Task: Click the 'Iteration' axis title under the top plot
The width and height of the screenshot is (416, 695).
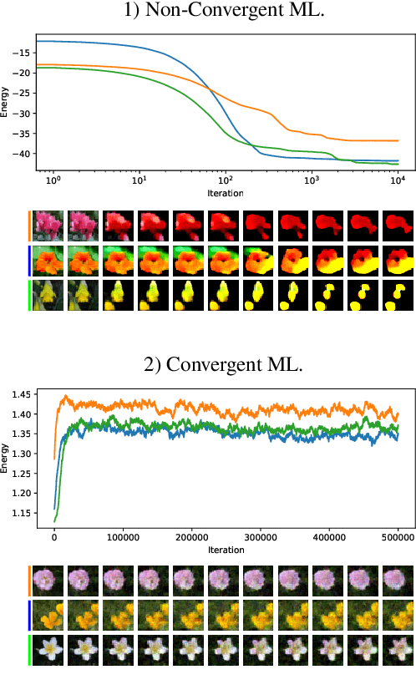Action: point(226,193)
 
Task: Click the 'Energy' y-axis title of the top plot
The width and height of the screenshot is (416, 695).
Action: point(7,101)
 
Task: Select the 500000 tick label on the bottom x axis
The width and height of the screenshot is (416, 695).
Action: point(398,540)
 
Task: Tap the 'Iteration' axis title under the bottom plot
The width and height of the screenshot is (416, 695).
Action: point(226,550)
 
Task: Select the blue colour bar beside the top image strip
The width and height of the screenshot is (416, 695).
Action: point(29,259)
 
